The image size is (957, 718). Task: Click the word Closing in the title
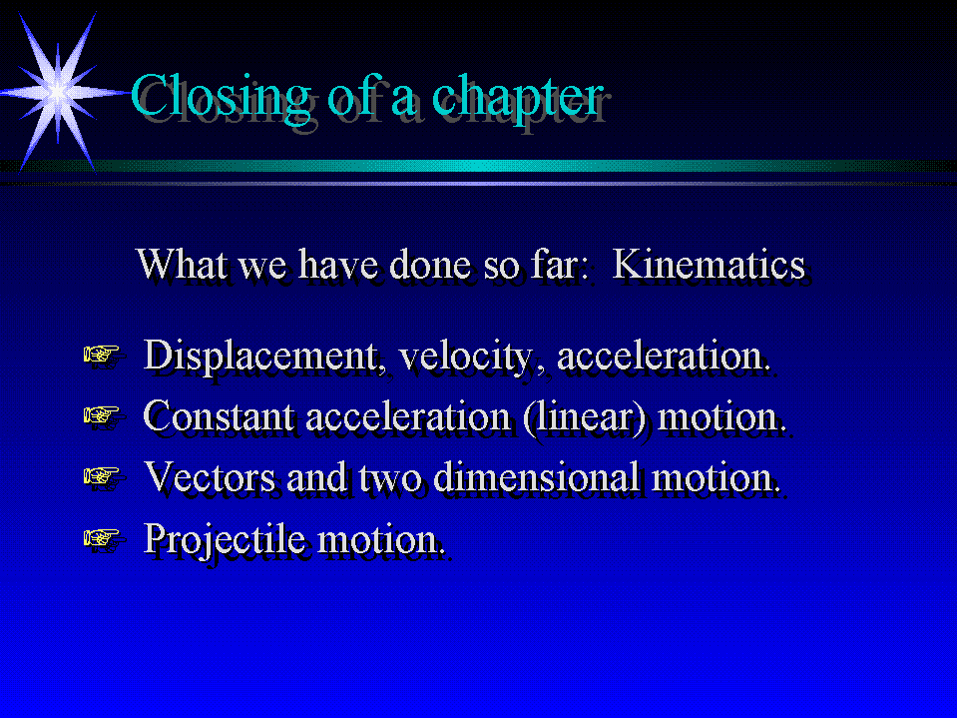(221, 98)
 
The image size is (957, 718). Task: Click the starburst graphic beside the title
(59, 93)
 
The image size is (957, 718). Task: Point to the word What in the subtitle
(182, 264)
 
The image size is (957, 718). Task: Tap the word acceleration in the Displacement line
(663, 356)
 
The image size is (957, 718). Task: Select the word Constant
(218, 416)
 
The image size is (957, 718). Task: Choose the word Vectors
(210, 476)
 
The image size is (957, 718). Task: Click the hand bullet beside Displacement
(103, 356)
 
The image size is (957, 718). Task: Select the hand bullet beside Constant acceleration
(103, 416)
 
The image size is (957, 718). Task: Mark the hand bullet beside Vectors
(103, 476)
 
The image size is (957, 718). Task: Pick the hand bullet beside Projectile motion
(103, 539)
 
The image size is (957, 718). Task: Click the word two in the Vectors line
(390, 478)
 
